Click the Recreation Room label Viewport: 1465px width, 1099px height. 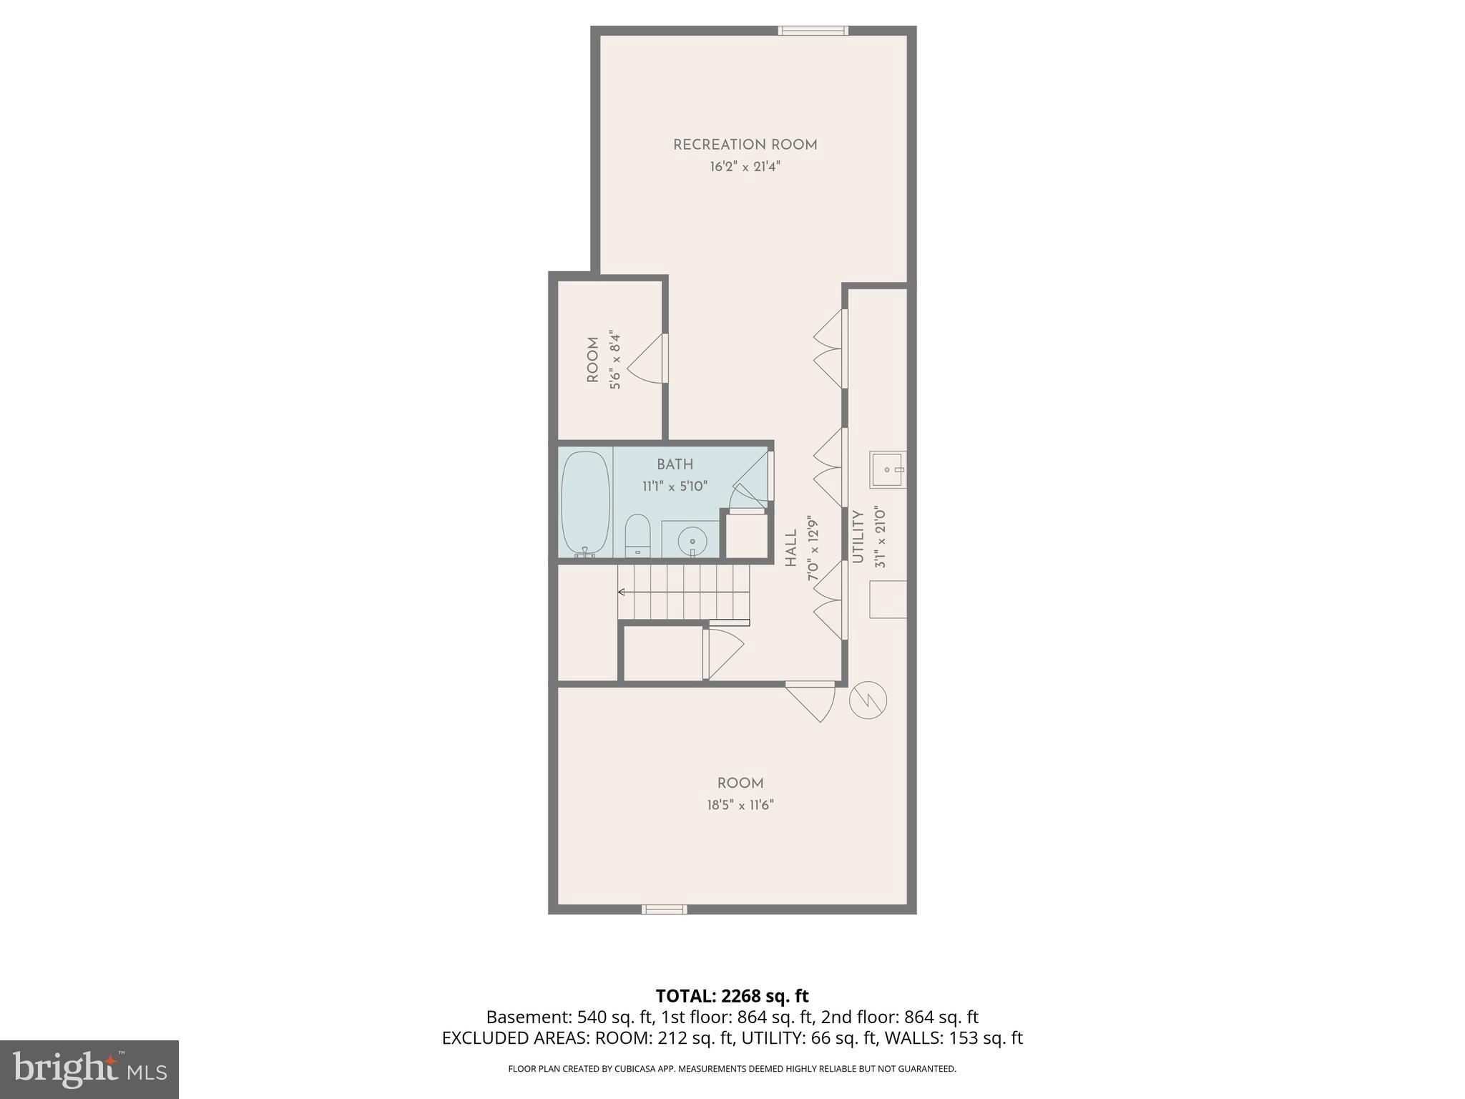pos(745,145)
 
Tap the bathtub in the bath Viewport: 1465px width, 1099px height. pos(585,503)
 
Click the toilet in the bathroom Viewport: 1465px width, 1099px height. pos(637,536)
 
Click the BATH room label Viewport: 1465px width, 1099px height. pos(675,464)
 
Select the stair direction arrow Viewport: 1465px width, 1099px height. pos(622,592)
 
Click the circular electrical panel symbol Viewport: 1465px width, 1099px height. pos(868,700)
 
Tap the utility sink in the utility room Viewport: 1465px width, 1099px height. pos(888,470)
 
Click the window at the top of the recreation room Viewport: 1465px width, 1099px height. pos(813,31)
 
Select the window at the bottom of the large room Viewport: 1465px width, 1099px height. pos(664,909)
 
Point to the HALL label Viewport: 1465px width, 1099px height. pos(790,548)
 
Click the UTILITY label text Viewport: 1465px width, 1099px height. pos(858,537)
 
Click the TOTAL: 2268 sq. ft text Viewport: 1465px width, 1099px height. pos(732,996)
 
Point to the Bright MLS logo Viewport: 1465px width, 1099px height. pos(89,1069)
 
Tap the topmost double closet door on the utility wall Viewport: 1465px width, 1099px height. pos(830,348)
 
